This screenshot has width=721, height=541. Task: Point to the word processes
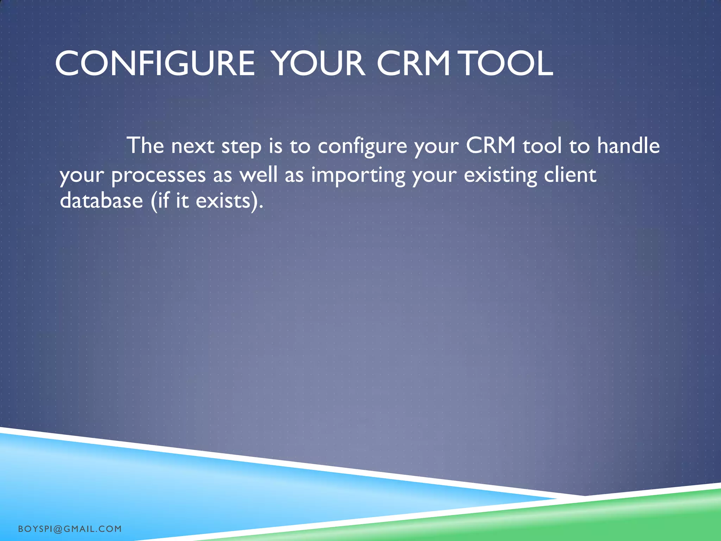coord(158,175)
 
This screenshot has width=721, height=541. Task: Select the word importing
coord(358,175)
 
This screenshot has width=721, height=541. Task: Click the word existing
coord(500,175)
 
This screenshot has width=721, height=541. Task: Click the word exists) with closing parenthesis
coord(229,201)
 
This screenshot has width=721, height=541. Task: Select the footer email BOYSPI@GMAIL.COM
coord(70,529)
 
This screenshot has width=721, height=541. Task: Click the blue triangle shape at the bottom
coord(176,493)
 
